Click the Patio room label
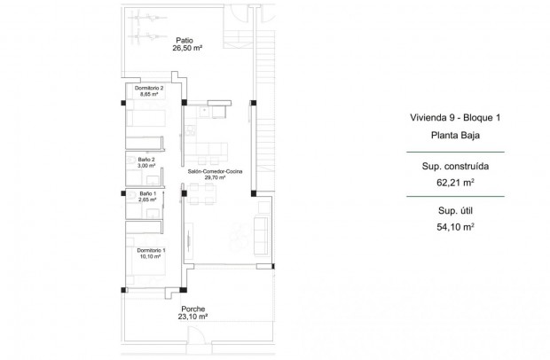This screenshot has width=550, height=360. [x=185, y=40]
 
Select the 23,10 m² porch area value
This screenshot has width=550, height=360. [x=189, y=317]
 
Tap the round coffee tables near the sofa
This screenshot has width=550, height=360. [x=237, y=231]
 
